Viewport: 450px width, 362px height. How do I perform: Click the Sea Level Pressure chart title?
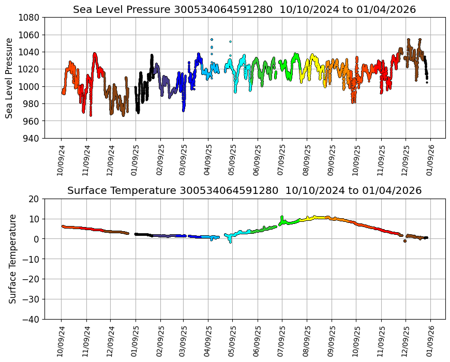244,10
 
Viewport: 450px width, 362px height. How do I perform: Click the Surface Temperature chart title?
244,191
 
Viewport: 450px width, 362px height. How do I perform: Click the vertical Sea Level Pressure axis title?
9,78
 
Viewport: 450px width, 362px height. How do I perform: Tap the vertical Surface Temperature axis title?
12,259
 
